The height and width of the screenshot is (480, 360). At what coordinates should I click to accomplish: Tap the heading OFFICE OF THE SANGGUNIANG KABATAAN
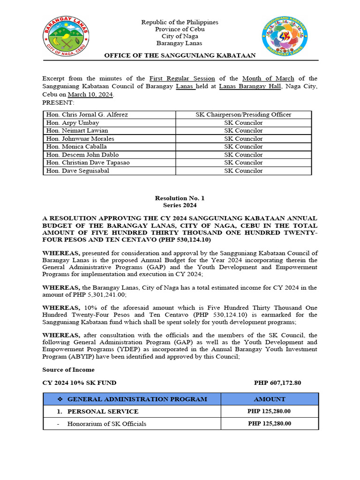(180, 55)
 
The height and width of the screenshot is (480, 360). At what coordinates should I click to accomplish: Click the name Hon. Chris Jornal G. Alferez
(87, 115)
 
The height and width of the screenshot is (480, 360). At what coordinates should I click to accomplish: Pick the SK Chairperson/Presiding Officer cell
(243, 115)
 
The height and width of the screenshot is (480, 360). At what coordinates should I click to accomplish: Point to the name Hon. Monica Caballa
(76, 147)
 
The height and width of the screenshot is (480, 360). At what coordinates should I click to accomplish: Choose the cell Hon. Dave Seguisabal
(78, 171)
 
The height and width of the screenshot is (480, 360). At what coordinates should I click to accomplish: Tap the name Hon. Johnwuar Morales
(80, 139)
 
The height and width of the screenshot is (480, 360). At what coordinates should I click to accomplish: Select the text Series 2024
(180, 205)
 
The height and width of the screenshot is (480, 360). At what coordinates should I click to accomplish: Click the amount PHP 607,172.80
(277, 383)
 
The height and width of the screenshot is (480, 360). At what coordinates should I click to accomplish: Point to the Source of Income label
(68, 370)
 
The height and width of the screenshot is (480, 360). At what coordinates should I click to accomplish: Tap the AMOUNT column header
(270, 399)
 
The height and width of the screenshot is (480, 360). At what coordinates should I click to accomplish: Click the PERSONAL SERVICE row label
(103, 412)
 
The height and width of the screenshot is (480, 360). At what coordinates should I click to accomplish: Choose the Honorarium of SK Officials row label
(106, 424)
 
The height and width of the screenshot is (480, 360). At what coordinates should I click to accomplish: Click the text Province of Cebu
(180, 30)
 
